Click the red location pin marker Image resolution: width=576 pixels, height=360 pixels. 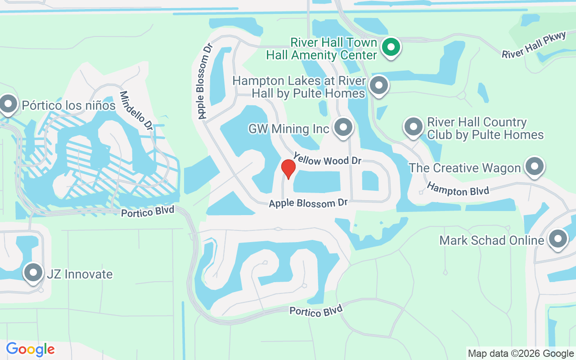(x=288, y=169)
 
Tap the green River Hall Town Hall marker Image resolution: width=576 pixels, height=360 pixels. (x=391, y=47)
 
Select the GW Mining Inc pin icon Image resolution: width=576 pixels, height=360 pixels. (x=344, y=127)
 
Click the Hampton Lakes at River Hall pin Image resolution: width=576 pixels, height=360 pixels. (x=379, y=85)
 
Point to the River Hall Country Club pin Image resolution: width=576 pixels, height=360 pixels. (x=413, y=127)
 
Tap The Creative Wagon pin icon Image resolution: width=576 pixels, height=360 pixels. (x=534, y=166)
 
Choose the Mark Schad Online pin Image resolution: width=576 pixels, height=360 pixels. (x=558, y=238)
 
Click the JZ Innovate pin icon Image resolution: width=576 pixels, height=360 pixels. (x=33, y=272)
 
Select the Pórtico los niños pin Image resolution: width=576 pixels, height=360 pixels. (x=8, y=104)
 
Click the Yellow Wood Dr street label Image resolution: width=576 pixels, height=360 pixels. (x=327, y=158)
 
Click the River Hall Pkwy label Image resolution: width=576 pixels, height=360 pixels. (x=534, y=45)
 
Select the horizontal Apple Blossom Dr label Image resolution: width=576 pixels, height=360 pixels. (x=308, y=203)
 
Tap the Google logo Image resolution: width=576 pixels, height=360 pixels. (x=31, y=349)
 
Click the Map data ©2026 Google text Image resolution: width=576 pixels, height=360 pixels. (x=521, y=353)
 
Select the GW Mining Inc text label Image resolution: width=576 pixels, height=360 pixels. (x=289, y=129)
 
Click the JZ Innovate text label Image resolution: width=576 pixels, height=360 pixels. (x=80, y=274)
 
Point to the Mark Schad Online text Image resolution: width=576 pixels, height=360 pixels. (x=492, y=240)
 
